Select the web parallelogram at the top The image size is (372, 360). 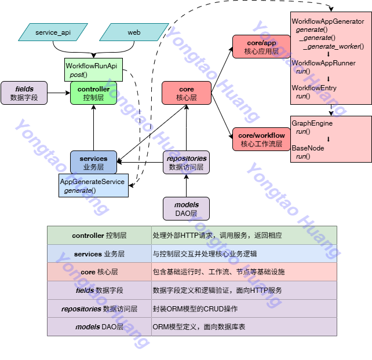(x=134, y=32)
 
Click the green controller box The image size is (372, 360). (x=93, y=93)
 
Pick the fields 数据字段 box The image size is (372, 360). (x=24, y=93)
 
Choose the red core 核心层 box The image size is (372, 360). (x=186, y=93)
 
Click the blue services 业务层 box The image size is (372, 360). (x=93, y=162)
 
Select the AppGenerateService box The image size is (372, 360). (x=93, y=185)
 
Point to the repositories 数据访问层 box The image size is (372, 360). (x=186, y=162)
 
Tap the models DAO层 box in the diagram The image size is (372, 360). (x=186, y=208)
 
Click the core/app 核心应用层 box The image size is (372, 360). (x=258, y=47)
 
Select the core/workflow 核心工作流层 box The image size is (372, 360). (x=261, y=139)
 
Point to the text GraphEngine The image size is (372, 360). (x=312, y=123)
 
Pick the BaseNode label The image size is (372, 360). (x=308, y=148)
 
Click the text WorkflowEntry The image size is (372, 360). (x=314, y=88)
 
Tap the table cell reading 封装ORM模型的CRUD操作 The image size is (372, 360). (x=243, y=308)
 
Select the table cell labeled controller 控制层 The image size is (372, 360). (x=99, y=236)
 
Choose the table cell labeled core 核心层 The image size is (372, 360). (x=99, y=272)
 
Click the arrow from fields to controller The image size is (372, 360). (x=59, y=93)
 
